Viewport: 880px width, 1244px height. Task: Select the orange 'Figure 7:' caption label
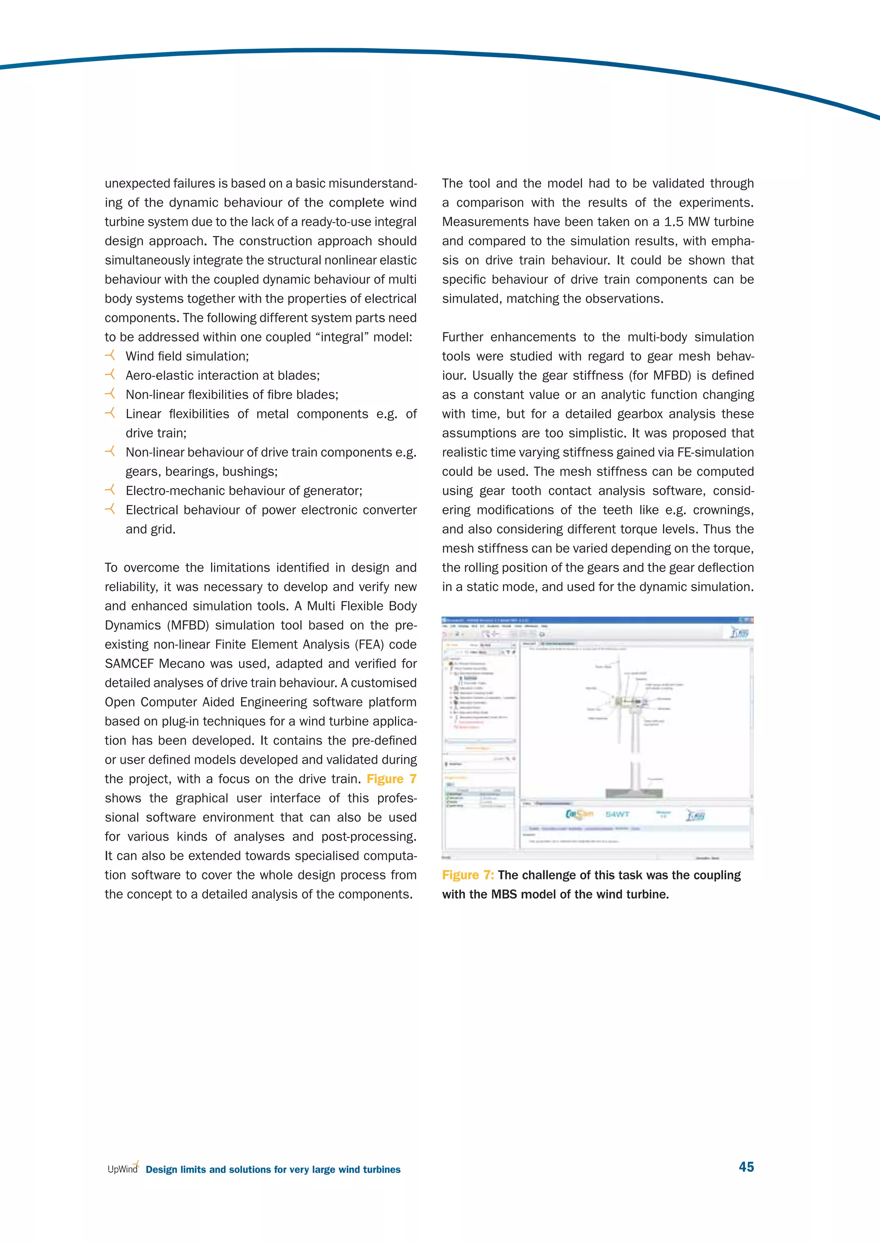(467, 875)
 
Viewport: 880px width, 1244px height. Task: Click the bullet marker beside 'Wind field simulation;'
(110, 355)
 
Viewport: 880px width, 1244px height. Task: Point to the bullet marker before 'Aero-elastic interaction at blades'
(110, 375)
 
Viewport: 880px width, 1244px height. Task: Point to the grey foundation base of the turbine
(634, 793)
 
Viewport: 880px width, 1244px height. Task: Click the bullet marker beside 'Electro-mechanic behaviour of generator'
(110, 490)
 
